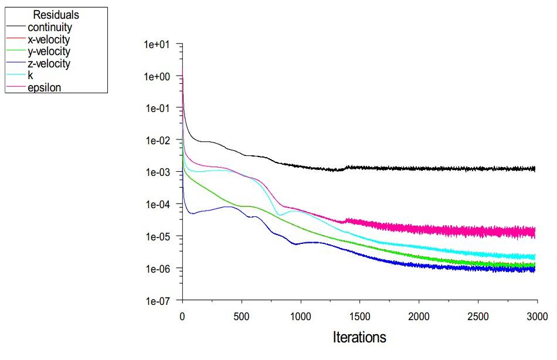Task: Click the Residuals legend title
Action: (x=56, y=15)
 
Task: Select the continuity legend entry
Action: (x=50, y=28)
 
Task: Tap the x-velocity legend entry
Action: (x=49, y=40)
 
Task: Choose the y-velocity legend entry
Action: (x=49, y=52)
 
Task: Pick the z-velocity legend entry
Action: (x=49, y=64)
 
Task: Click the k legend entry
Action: (x=30, y=76)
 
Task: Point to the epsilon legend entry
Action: (x=45, y=88)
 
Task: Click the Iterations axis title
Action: (x=359, y=338)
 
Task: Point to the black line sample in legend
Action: (x=16, y=28)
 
